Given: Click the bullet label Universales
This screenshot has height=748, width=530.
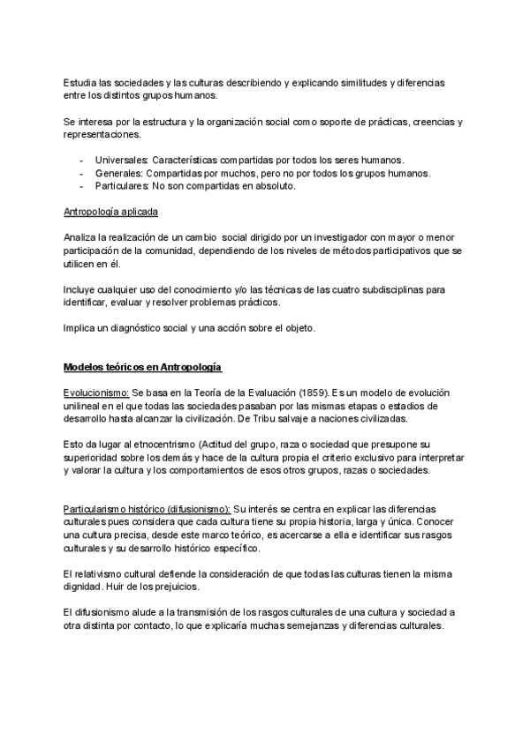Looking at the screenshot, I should pyautogui.click(x=121, y=160).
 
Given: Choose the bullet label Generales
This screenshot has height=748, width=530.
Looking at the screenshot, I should pyautogui.click(x=117, y=173).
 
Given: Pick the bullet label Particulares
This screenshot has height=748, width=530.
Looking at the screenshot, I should pyautogui.click(x=122, y=186).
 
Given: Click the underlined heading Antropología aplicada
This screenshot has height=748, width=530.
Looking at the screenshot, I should pyautogui.click(x=111, y=213).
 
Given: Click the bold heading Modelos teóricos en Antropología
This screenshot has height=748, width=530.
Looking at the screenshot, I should pyautogui.click(x=142, y=366).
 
